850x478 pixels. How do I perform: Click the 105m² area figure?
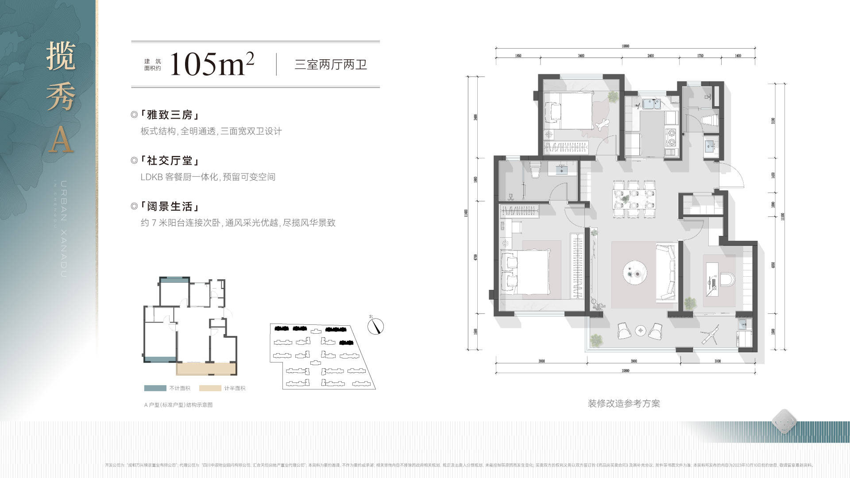coord(212,65)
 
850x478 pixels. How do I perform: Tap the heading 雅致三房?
coord(170,115)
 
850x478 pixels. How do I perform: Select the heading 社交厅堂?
coord(170,161)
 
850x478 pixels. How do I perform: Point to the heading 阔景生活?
coord(170,207)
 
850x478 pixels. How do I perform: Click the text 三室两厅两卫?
coord(331,65)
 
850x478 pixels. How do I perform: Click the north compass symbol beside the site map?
coord(376,326)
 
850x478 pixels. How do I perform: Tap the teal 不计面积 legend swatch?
coord(155,388)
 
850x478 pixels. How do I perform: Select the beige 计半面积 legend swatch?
coord(210,388)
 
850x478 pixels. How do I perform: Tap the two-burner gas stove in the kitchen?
coord(671,137)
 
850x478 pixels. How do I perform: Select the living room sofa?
coord(665,273)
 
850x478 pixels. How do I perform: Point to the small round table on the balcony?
coord(641,330)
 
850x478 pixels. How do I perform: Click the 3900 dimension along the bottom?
coord(634,361)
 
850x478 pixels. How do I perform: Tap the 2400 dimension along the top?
coord(650,56)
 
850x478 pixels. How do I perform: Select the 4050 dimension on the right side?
coord(773,265)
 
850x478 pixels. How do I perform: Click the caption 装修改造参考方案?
coord(624,404)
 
